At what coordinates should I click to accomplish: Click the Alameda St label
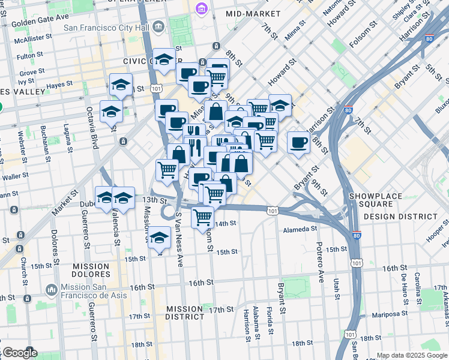[300, 229]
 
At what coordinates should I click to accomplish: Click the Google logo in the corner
[20, 353]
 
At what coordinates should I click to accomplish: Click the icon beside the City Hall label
[158, 26]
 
